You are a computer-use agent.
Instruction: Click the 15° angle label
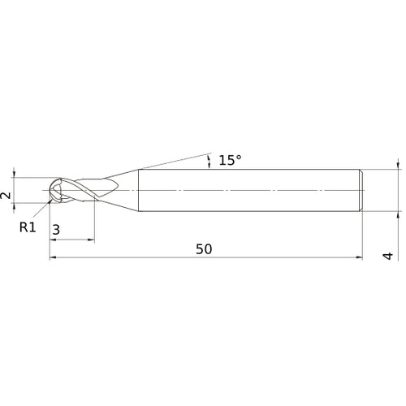pyautogui.click(x=230, y=160)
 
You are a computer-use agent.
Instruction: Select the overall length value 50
pyautogui.click(x=204, y=249)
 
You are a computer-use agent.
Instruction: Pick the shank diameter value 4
pyautogui.click(x=388, y=256)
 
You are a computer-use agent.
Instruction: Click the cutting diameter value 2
pyautogui.click(x=6, y=196)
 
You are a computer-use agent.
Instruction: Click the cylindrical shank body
pyautogui.click(x=244, y=191)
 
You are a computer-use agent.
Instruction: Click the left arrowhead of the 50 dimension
pyautogui.click(x=54, y=258)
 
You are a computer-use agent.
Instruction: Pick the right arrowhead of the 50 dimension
pyautogui.click(x=359, y=258)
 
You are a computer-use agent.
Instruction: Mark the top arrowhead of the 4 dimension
pyautogui.click(x=398, y=165)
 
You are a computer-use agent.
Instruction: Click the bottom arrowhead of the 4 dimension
pyautogui.click(x=398, y=217)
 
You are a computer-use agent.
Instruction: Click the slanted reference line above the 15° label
pyautogui.click(x=175, y=159)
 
